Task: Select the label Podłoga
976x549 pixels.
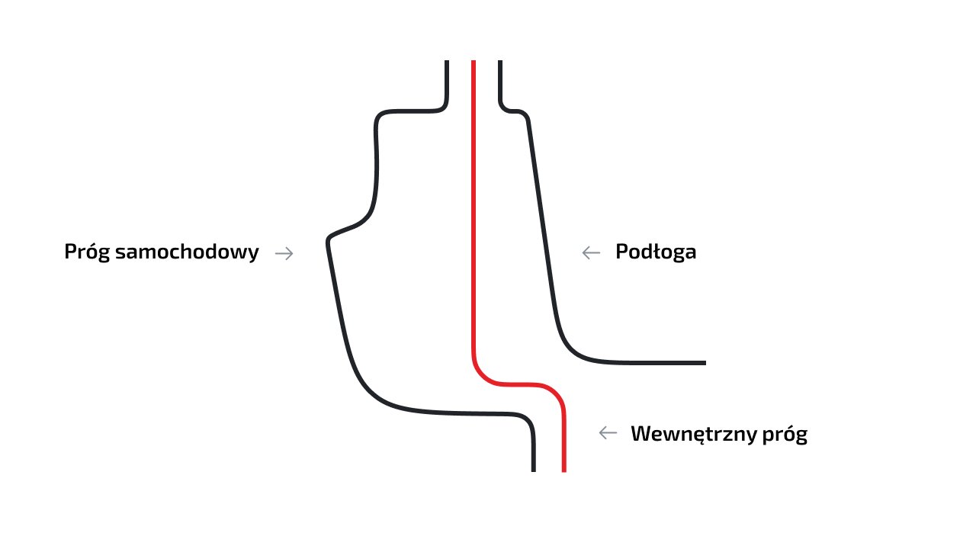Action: click(x=656, y=252)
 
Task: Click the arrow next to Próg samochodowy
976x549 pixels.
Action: click(x=284, y=253)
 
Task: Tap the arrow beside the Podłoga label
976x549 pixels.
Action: click(x=591, y=253)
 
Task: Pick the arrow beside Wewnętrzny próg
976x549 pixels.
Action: click(x=608, y=433)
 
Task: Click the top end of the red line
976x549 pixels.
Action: click(x=474, y=63)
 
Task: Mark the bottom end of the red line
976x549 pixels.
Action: click(x=564, y=470)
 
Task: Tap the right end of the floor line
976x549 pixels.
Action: click(x=704, y=362)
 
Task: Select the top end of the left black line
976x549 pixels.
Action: click(x=446, y=63)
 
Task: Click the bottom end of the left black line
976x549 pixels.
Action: click(x=534, y=470)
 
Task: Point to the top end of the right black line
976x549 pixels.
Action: click(x=500, y=63)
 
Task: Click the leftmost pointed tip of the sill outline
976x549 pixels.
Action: click(x=329, y=241)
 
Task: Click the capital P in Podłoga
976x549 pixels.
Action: click(x=621, y=252)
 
